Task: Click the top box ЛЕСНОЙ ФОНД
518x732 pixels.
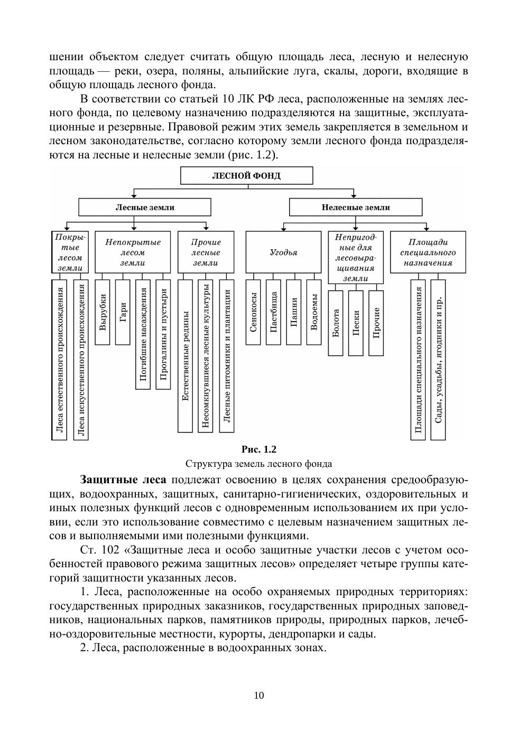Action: click(246, 176)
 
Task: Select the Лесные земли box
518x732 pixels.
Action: click(145, 208)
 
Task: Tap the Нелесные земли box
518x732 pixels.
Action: click(355, 208)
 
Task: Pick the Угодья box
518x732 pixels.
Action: click(283, 252)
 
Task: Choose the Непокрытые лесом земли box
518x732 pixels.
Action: click(133, 252)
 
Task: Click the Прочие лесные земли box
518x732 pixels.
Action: click(206, 252)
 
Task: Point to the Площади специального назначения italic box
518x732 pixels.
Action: click(428, 252)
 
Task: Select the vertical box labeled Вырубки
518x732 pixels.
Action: click(103, 312)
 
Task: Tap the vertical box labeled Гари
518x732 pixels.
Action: click(123, 312)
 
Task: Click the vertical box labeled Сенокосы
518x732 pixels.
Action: click(253, 312)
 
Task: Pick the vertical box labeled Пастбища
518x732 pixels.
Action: click(273, 312)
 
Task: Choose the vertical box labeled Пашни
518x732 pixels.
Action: click(294, 312)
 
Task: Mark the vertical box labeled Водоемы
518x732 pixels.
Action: click(314, 312)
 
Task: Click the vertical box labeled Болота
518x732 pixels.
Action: click(336, 323)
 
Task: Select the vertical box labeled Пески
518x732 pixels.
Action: click(356, 323)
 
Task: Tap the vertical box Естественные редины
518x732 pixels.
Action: click(185, 356)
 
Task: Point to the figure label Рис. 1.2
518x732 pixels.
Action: click(258, 449)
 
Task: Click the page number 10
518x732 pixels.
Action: click(259, 696)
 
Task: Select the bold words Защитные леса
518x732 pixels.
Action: click(123, 480)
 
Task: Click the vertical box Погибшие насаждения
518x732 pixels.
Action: click(143, 334)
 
